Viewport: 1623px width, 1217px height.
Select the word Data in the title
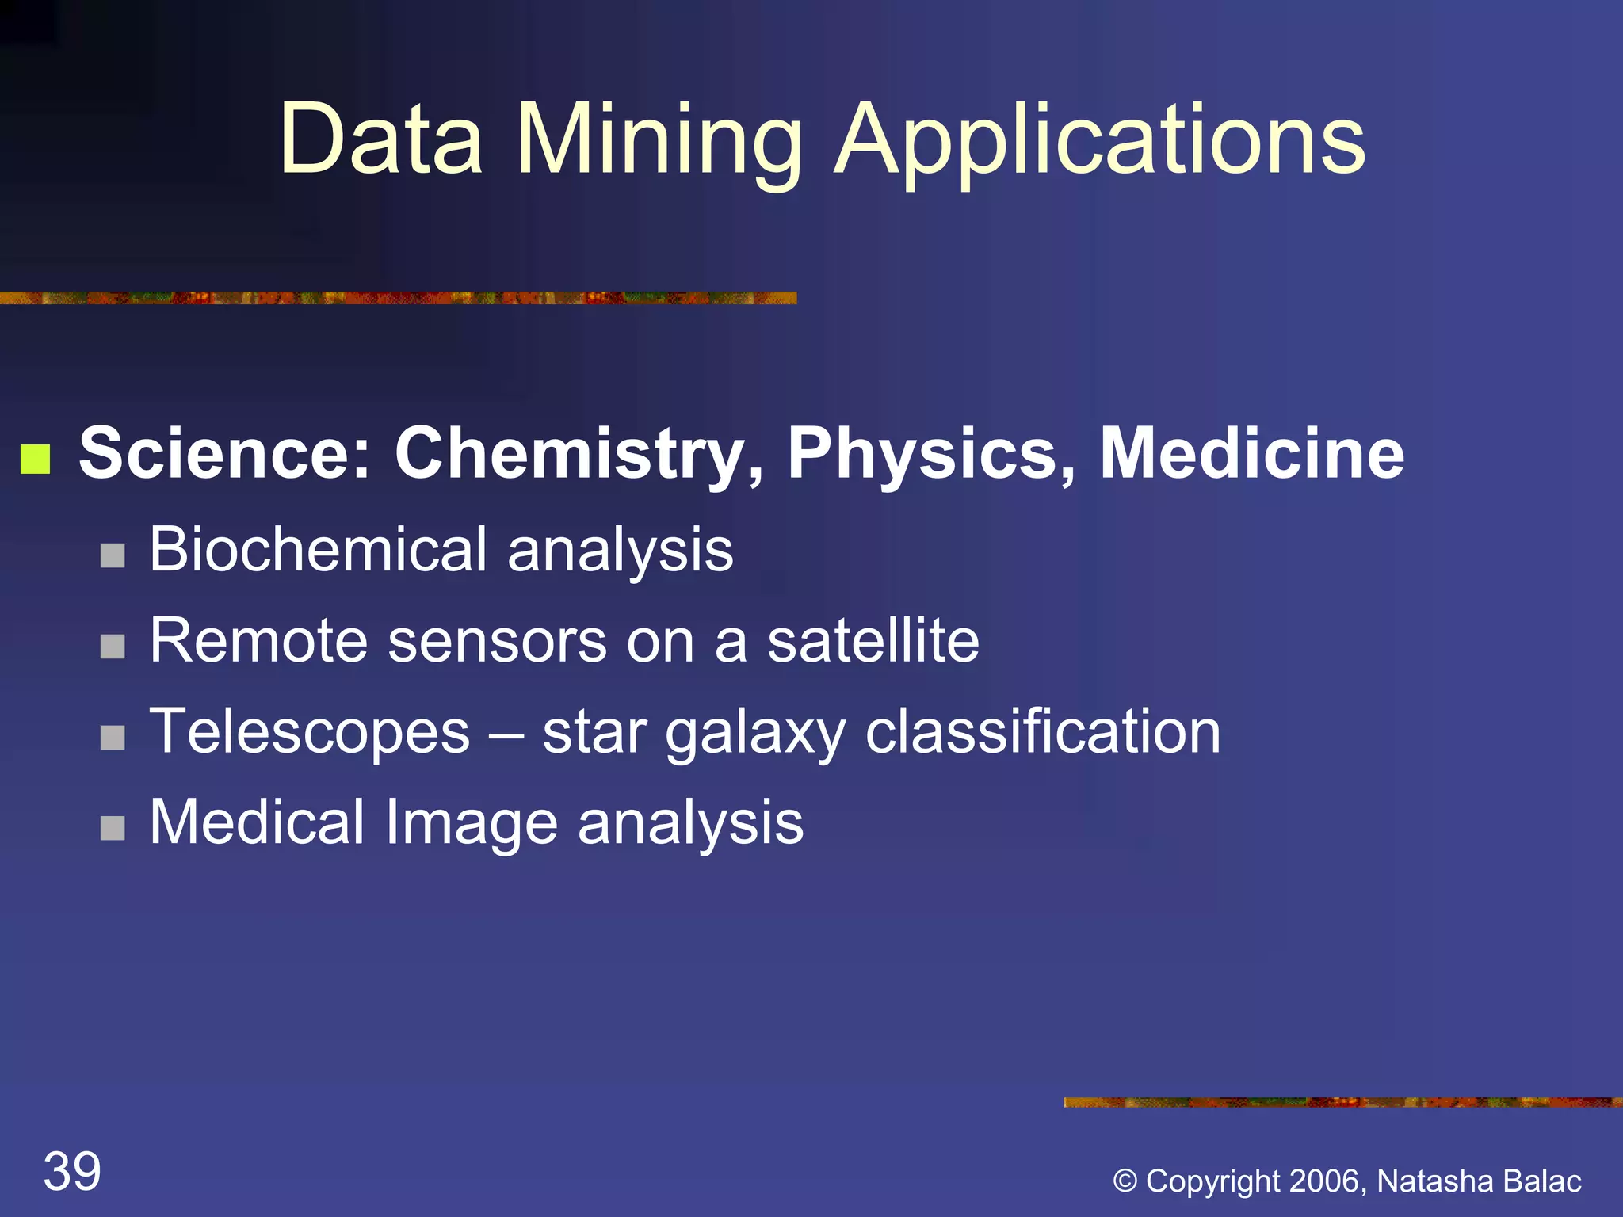point(380,141)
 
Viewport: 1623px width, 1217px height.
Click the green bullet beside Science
point(36,458)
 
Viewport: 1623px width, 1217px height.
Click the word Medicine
point(1252,453)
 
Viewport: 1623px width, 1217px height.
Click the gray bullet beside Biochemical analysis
point(113,555)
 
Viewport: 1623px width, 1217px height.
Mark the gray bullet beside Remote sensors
point(113,647)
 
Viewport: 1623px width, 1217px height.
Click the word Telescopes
point(310,732)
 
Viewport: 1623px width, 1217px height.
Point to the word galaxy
point(754,734)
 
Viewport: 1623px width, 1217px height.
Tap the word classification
point(1043,732)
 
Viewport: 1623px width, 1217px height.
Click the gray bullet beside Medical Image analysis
point(113,828)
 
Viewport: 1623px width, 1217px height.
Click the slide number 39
point(72,1172)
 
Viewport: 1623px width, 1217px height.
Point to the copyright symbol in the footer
point(1125,1181)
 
